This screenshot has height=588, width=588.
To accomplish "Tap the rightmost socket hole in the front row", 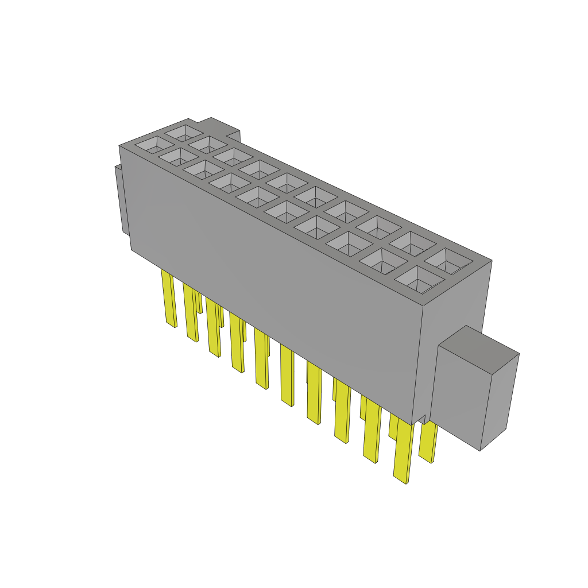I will click(419, 280).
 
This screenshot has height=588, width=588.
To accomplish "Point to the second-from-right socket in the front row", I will click(382, 261).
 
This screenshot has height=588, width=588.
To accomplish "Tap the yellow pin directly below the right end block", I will click(427, 442).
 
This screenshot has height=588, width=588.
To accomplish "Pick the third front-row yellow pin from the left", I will click(213, 327).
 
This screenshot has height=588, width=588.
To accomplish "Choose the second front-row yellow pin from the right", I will click(372, 431).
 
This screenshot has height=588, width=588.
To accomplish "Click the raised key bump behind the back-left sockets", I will click(221, 126).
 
